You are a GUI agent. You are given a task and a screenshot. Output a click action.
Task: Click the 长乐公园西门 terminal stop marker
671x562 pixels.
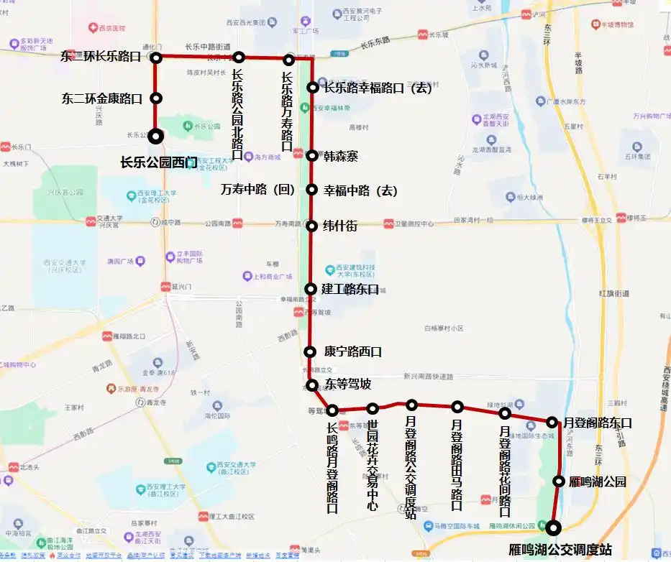coord(155,136)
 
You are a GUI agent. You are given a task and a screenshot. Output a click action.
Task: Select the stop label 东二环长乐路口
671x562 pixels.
coord(101,57)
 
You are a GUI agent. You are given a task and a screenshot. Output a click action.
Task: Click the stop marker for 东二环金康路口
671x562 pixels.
coord(155,98)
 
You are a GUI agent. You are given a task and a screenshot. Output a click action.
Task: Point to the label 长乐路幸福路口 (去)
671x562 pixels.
coord(378,88)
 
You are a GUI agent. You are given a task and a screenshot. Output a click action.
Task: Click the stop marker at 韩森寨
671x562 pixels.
coord(312,155)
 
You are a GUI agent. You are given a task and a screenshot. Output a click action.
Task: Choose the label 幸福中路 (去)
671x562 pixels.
coord(360,190)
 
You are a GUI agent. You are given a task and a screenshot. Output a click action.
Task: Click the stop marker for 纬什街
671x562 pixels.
coord(312,226)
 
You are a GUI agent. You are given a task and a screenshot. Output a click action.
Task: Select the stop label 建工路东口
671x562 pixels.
coord(350,289)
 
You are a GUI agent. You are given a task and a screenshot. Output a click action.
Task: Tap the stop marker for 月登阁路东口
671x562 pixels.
coord(552,423)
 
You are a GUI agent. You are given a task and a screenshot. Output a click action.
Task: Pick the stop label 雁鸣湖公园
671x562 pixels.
coord(597,482)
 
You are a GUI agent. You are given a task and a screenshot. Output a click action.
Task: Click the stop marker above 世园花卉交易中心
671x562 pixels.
coord(373,409)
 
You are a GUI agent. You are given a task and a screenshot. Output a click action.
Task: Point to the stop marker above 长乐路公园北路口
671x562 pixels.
coord(239,57)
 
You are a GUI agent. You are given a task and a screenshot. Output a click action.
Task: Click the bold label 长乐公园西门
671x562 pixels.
coord(158,162)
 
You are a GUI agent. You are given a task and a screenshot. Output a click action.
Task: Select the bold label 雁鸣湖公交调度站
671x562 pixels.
coord(560,549)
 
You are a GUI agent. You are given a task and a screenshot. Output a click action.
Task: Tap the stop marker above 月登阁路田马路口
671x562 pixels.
coord(457,407)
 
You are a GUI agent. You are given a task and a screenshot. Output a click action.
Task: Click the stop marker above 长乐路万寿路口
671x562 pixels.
coord(289,60)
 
